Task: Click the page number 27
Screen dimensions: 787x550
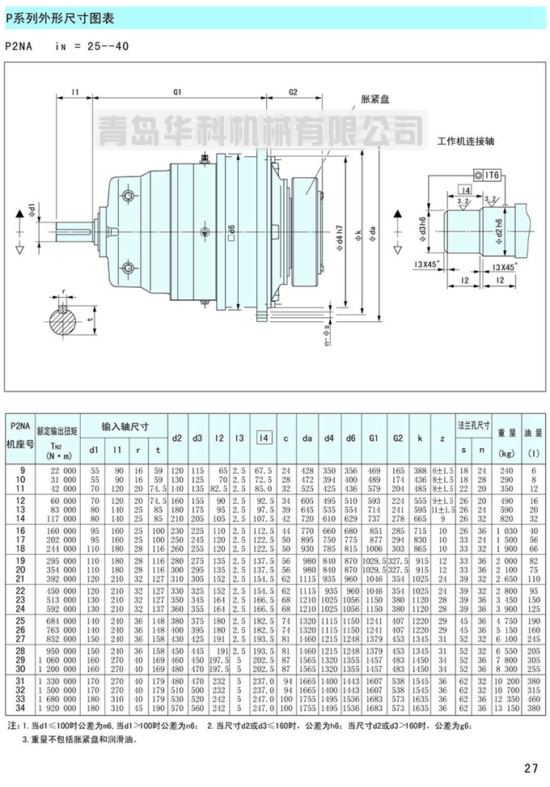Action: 531,768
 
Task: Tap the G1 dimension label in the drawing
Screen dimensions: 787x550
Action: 177,92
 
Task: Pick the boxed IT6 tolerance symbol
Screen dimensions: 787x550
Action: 489,174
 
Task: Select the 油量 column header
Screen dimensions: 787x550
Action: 534,434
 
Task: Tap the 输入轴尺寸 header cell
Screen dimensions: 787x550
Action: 125,426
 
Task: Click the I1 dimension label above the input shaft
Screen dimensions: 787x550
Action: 74,92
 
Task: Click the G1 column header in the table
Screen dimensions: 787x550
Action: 374,438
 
